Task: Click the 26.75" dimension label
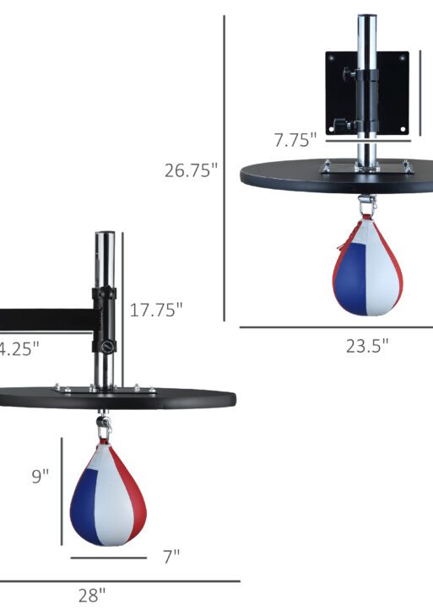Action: (191, 170)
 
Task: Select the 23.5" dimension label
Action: (367, 345)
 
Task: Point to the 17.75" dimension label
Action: (156, 310)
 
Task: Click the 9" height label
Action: (41, 476)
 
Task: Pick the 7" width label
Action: (171, 556)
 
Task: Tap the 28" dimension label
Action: (92, 595)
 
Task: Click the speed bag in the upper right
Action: (366, 266)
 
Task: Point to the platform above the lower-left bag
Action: (118, 397)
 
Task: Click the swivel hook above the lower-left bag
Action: (104, 426)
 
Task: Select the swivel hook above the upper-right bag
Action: (366, 204)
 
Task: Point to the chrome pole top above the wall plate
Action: (365, 25)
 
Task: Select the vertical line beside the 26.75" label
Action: (225, 169)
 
